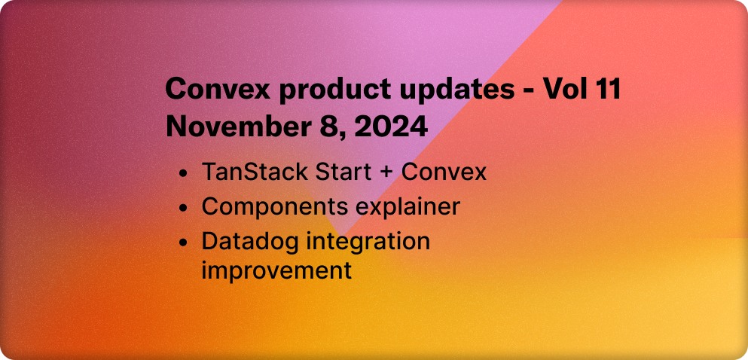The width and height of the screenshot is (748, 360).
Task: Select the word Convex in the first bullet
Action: pyautogui.click(x=444, y=172)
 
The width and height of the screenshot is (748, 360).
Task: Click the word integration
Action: pyautogui.click(x=366, y=243)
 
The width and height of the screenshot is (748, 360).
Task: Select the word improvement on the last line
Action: pyautogui.click(x=276, y=270)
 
